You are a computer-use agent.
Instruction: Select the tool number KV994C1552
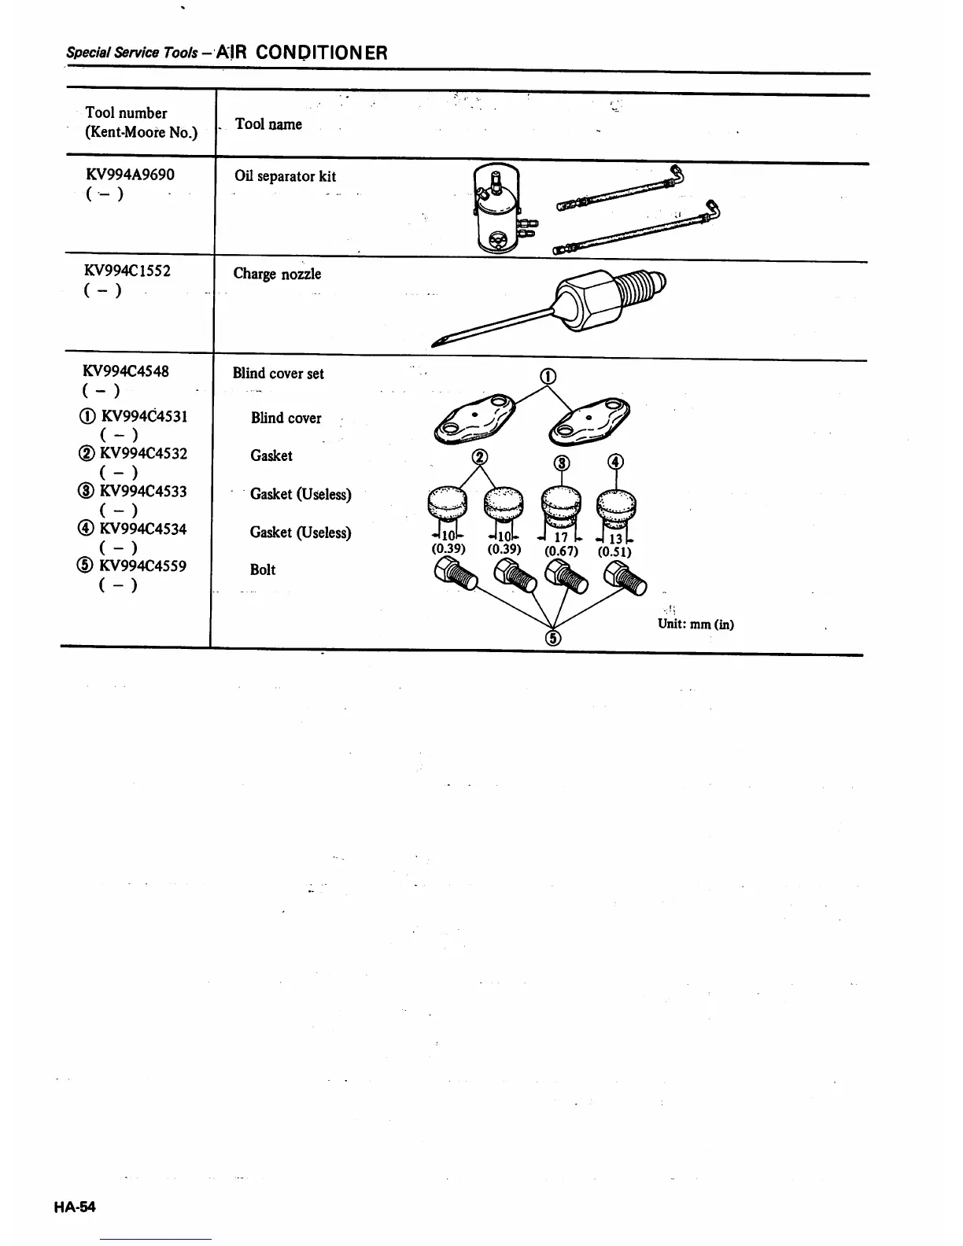coord(127,271)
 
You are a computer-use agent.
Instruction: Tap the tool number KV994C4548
coord(126,370)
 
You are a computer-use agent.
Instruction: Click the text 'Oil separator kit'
coord(285,176)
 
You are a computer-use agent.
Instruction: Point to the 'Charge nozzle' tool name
coord(277,274)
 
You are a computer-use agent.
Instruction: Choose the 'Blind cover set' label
coord(278,374)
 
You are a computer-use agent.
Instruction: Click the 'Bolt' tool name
coord(263,570)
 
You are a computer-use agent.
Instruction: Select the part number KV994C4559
coord(142,566)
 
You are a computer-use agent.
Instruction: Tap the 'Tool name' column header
coord(268,123)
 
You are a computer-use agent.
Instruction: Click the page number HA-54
coord(75,1207)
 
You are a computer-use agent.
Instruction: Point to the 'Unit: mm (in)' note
coord(695,625)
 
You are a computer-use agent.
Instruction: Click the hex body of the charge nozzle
coord(585,302)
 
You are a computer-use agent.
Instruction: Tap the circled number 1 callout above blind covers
coord(548,376)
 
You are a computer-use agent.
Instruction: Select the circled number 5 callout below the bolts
coord(553,638)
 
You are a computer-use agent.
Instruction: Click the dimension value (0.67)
coord(561,551)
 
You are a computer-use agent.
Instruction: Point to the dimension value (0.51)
coord(614,551)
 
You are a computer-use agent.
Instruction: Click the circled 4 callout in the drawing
coord(616,462)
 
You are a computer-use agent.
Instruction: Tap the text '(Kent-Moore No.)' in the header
coord(141,132)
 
